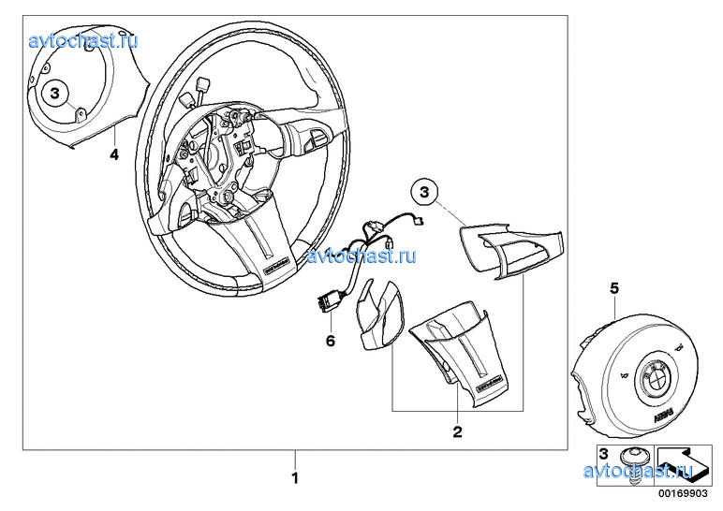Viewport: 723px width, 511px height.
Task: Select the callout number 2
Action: point(457,431)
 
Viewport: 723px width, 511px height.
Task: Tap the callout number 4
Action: point(113,154)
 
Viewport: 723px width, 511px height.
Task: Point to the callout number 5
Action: point(614,289)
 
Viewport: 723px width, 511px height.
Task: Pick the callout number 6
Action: point(330,342)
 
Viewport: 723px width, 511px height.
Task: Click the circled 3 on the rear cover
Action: point(55,93)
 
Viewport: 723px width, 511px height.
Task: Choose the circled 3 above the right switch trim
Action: point(424,193)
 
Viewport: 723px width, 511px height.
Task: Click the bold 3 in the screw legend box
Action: point(603,455)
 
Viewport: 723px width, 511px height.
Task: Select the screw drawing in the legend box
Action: point(633,465)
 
